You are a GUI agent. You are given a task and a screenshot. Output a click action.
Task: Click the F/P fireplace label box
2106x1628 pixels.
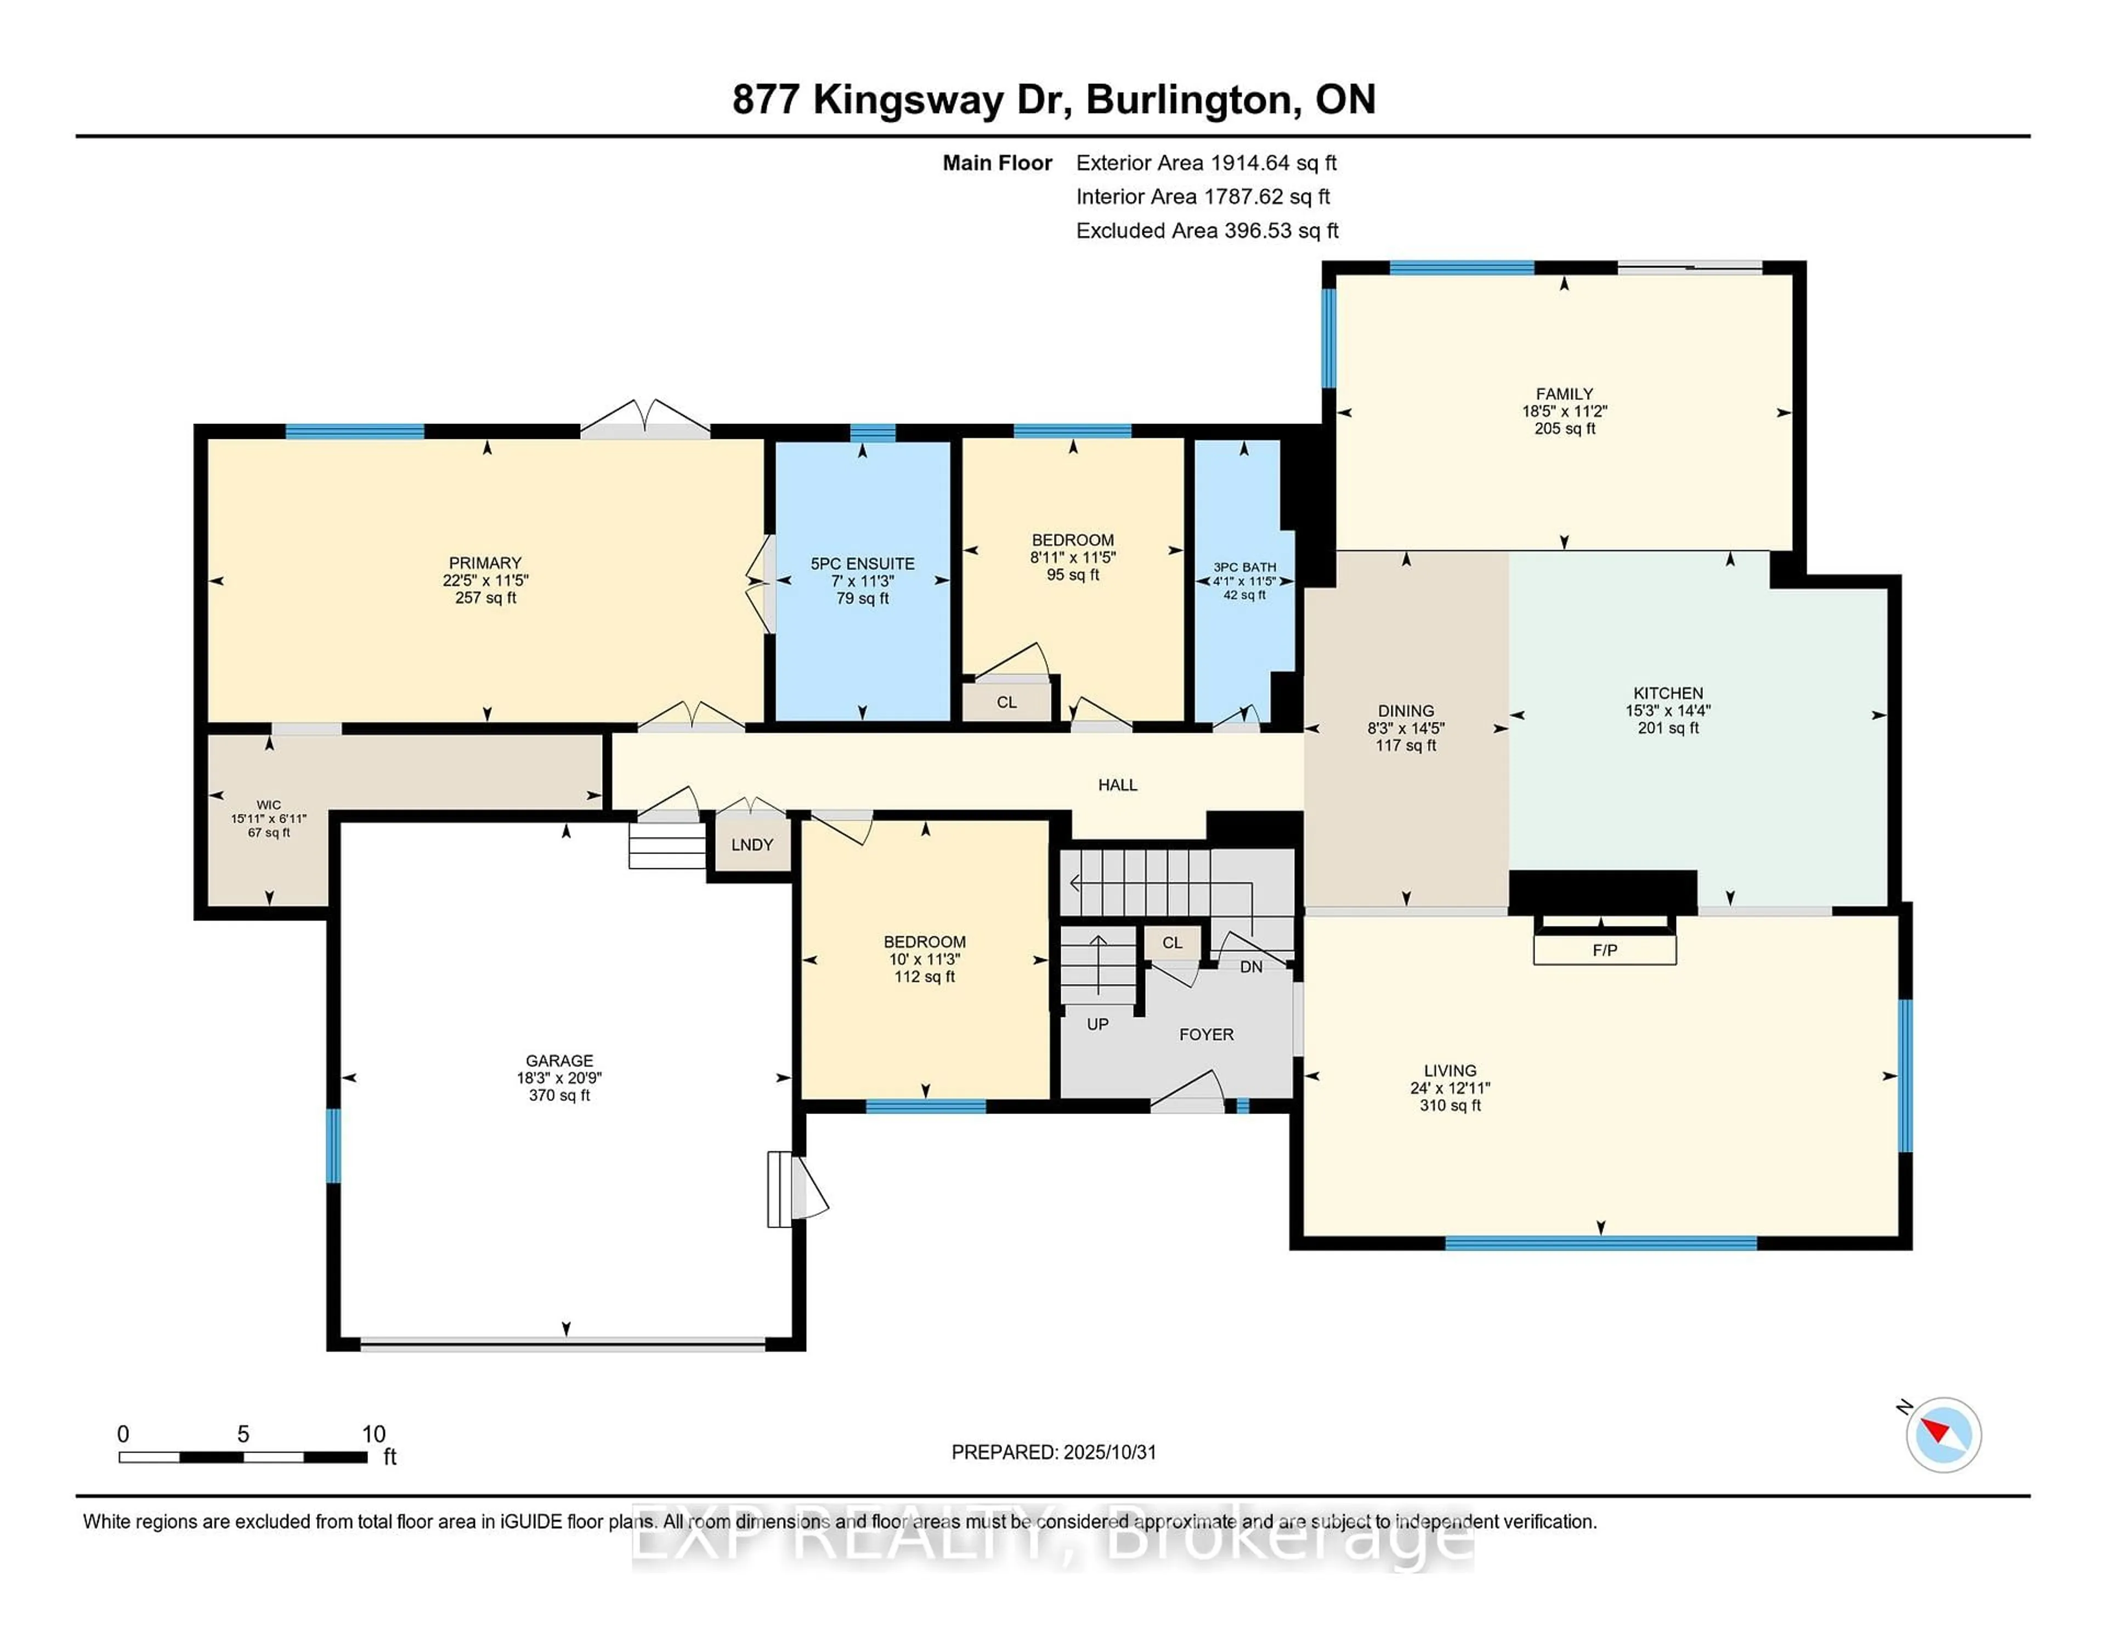[1605, 950]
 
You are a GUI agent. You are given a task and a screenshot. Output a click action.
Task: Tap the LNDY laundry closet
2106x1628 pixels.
[752, 845]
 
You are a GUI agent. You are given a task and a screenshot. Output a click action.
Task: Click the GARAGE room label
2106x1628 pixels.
[559, 1060]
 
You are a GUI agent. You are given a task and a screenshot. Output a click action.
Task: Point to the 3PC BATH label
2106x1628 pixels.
[1245, 567]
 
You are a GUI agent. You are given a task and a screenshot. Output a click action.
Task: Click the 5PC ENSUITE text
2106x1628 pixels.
[862, 563]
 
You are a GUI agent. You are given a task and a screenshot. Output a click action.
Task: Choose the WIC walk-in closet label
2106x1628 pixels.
[269, 804]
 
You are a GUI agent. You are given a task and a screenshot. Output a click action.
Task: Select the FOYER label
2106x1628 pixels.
[1207, 1034]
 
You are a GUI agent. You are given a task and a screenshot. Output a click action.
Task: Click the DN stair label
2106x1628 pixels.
[1250, 966]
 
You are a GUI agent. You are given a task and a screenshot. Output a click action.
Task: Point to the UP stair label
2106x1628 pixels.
[1097, 1024]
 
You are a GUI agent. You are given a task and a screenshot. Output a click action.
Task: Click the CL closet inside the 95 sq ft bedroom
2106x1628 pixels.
[1007, 702]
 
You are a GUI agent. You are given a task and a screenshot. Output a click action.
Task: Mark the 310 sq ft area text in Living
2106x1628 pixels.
[1450, 1105]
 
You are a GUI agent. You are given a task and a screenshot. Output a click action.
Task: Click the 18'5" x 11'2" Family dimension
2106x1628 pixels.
[1564, 411]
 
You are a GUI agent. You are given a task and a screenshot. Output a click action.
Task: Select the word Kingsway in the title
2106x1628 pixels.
[908, 99]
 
